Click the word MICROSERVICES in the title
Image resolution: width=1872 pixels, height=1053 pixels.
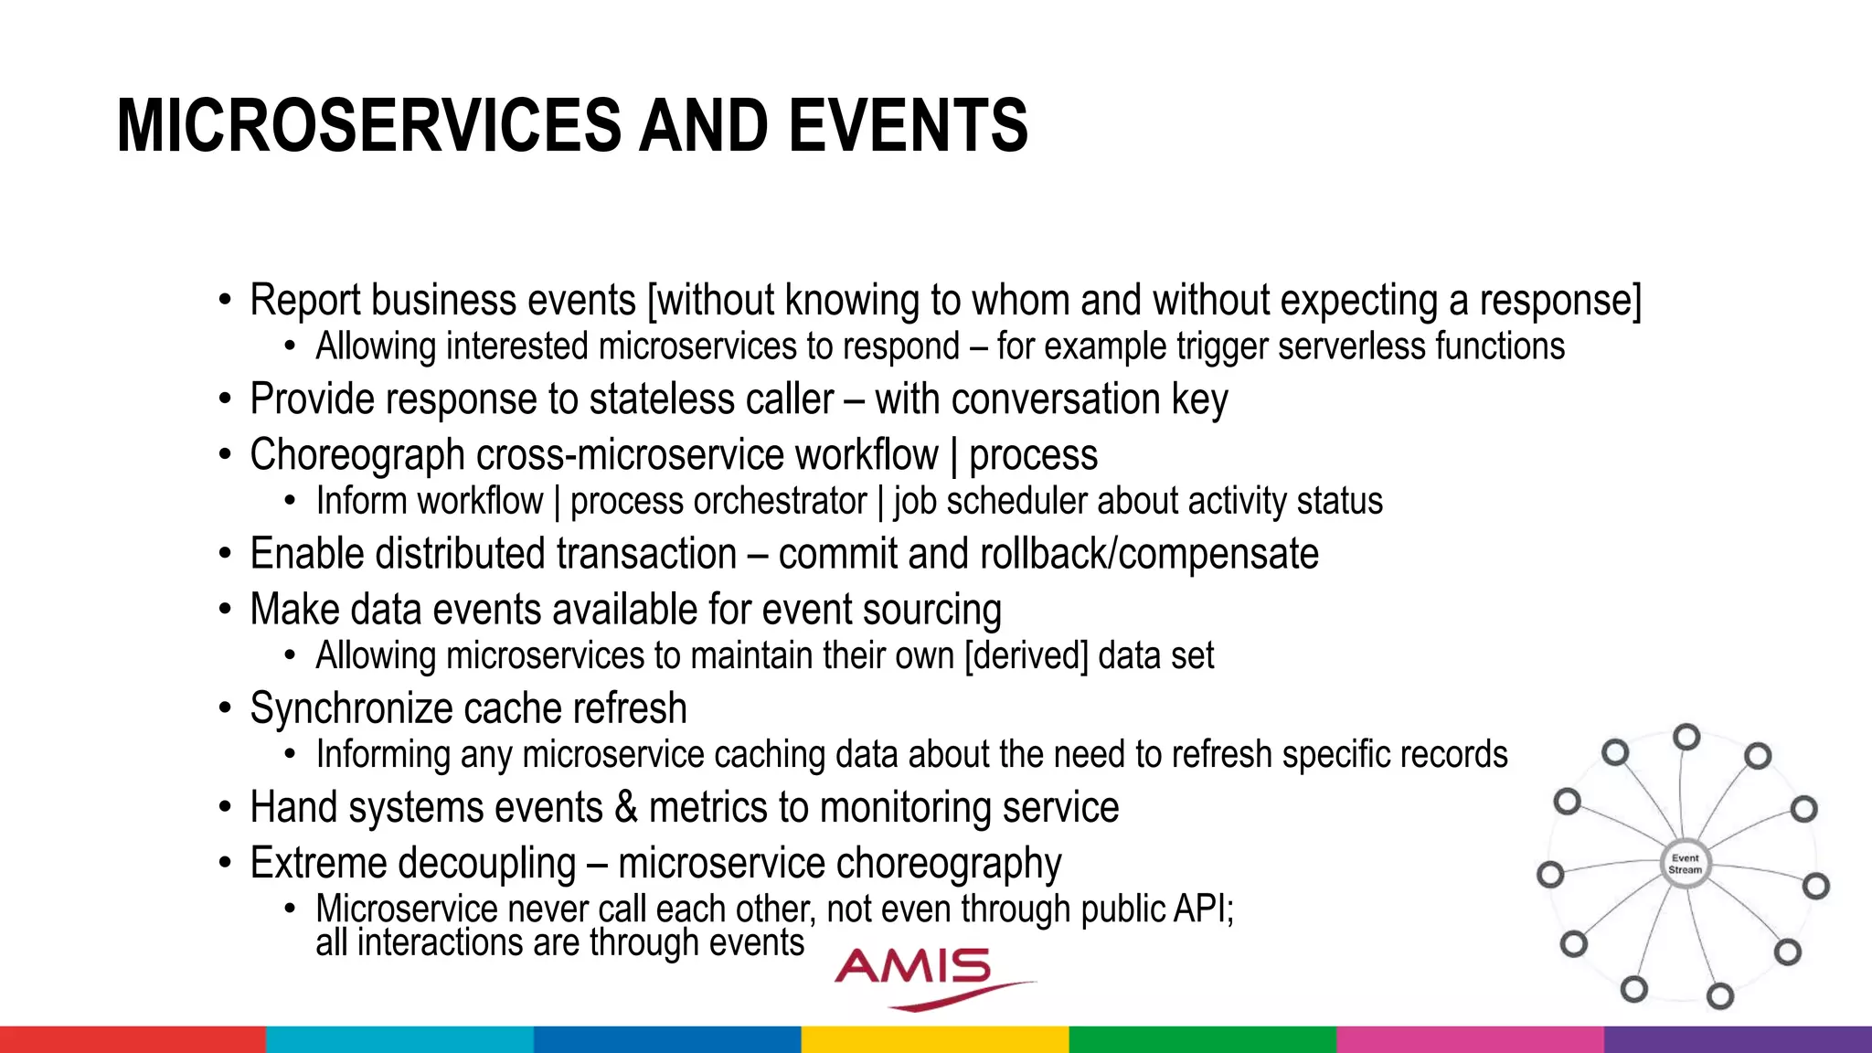(x=371, y=126)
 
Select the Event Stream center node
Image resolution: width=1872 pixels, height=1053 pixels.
(x=1685, y=864)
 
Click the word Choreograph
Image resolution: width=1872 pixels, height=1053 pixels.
(x=357, y=455)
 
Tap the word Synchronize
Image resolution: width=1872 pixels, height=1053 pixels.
(x=356, y=709)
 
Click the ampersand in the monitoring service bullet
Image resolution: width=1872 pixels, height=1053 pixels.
(x=626, y=807)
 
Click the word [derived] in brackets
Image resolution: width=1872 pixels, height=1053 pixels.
(x=1026, y=656)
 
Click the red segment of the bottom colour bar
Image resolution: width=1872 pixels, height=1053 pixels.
(x=133, y=1039)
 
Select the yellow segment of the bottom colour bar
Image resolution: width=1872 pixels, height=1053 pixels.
(x=935, y=1039)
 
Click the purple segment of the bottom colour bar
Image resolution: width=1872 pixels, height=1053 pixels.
(x=1738, y=1039)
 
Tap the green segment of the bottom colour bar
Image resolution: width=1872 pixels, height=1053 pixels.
(x=1202, y=1039)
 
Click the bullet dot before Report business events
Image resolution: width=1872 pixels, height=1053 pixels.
(x=225, y=301)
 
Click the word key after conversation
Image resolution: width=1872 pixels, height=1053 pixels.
(x=1200, y=400)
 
